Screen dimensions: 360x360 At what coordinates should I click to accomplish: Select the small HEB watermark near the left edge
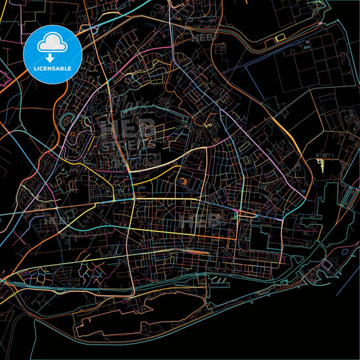point(51,220)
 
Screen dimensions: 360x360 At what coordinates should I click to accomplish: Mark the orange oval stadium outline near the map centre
point(184,181)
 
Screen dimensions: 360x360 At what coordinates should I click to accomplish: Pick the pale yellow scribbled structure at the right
point(323,162)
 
